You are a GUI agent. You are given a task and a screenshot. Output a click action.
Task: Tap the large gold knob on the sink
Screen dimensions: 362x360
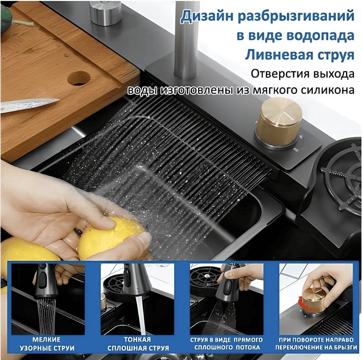pyautogui.click(x=279, y=122)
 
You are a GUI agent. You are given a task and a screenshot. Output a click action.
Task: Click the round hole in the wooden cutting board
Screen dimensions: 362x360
pyautogui.click(x=79, y=78)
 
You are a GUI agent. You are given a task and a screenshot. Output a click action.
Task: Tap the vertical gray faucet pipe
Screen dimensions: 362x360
pyautogui.click(x=186, y=39)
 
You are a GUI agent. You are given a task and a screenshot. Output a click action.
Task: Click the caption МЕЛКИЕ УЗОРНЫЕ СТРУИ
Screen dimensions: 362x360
pyautogui.click(x=47, y=344)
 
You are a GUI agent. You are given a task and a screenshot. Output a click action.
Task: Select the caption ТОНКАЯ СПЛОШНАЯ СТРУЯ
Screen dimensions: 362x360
pyautogui.click(x=138, y=344)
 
